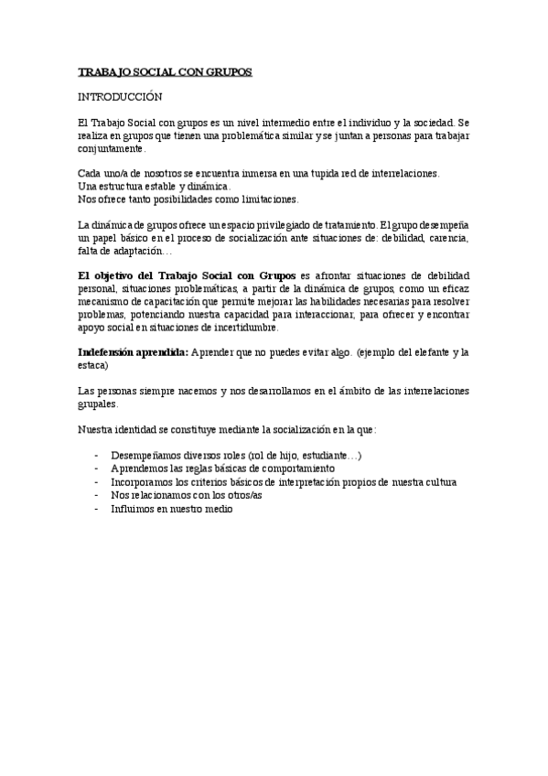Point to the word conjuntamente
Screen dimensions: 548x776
[112, 147]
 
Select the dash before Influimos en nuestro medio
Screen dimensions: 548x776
[96, 508]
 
